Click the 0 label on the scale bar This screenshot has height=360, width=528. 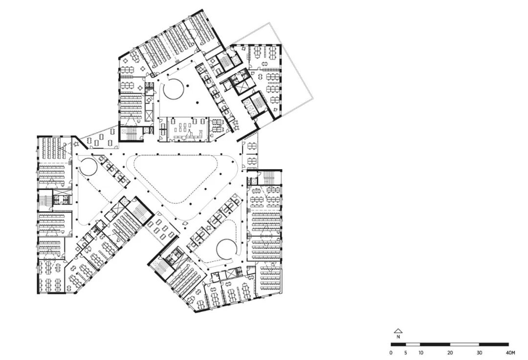(391, 353)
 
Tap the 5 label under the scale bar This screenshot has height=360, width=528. (405, 353)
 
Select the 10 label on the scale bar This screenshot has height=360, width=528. (420, 353)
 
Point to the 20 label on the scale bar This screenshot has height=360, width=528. (450, 353)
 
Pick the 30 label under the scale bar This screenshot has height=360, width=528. (479, 353)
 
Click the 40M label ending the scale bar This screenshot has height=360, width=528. (510, 353)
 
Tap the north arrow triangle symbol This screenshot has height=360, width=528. (398, 331)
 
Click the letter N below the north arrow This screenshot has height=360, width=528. (398, 337)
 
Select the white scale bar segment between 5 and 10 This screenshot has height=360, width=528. (413, 344)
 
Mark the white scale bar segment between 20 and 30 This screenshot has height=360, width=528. (464, 344)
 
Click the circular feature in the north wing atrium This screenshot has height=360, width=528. (174, 89)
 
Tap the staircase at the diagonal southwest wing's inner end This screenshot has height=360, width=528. (139, 211)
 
